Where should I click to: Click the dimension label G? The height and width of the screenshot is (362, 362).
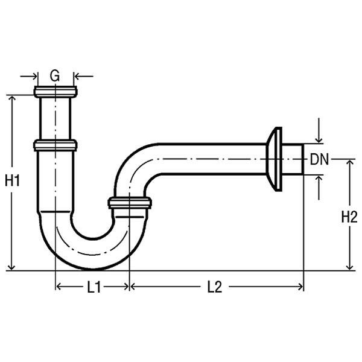click(x=55, y=76)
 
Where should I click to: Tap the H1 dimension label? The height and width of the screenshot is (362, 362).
click(x=12, y=180)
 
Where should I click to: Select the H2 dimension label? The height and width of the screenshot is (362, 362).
click(x=349, y=217)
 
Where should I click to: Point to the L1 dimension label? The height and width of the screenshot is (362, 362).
click(x=94, y=287)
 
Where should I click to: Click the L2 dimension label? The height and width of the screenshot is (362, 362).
click(x=214, y=287)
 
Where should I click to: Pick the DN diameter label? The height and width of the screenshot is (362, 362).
click(x=319, y=159)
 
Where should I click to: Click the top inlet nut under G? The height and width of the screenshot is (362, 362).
click(x=56, y=92)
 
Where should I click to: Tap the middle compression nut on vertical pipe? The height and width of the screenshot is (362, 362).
click(x=55, y=145)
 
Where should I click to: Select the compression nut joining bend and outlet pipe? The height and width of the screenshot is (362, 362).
click(x=130, y=203)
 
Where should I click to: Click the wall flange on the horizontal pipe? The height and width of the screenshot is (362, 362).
click(x=275, y=159)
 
